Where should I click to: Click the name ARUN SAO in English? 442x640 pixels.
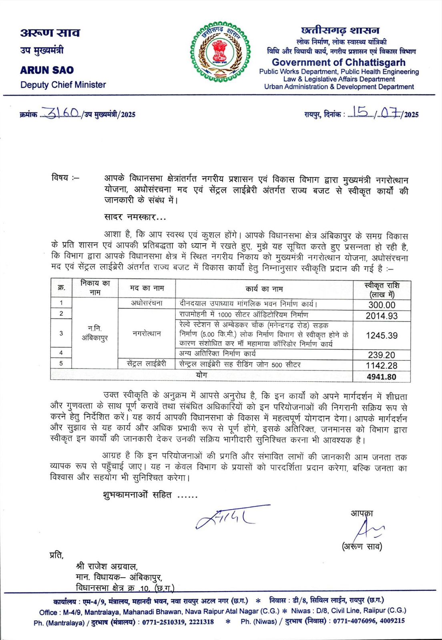(x=47, y=70)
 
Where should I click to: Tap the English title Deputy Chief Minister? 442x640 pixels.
(x=63, y=85)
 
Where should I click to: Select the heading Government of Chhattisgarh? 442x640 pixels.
(x=338, y=62)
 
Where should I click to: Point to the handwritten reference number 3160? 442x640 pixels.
(x=62, y=114)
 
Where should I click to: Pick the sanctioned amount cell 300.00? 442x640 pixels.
(x=382, y=305)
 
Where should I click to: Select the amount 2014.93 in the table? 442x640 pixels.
(x=382, y=316)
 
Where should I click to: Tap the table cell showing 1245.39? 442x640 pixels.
(x=382, y=335)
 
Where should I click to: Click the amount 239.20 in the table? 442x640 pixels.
(x=382, y=355)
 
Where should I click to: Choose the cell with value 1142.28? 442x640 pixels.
(x=382, y=365)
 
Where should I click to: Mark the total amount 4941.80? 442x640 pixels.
(x=382, y=377)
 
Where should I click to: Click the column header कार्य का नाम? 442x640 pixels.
(x=264, y=289)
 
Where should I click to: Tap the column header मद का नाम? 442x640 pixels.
(x=147, y=288)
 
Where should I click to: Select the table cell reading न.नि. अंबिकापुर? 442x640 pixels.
(x=95, y=333)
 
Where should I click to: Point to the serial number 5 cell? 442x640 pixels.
(x=61, y=363)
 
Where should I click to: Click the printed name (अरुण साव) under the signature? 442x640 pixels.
(x=362, y=546)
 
